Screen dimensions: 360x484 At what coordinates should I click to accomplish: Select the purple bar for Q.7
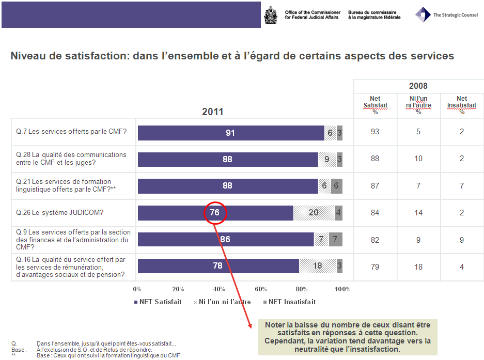pos(230,133)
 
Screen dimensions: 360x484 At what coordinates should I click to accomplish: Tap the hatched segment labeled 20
pos(314,212)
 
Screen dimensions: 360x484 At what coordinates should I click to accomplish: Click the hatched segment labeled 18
pos(318,266)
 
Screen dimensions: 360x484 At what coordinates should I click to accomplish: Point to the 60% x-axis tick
pos(261,289)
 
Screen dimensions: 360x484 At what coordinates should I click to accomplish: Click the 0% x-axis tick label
pos(137,289)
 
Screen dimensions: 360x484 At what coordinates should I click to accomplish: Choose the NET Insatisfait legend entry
pos(289,302)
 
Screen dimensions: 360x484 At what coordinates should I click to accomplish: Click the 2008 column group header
pos(418,86)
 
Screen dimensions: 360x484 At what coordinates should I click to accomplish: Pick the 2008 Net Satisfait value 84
pos(375,212)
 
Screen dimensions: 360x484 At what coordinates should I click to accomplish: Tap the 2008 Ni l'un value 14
pos(418,212)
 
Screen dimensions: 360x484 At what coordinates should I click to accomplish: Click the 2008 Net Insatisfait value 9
pos(462,240)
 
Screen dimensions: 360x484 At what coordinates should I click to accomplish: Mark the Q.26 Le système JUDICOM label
pos(67,212)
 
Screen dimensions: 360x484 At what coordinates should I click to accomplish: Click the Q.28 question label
pos(71,159)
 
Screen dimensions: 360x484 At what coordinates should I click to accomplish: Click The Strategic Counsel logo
pos(447,14)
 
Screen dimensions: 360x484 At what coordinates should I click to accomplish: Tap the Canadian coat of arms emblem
pos(270,14)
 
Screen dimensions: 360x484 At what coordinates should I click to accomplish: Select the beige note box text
pos(347,337)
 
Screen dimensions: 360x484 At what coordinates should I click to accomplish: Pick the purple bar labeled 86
pos(225,239)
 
